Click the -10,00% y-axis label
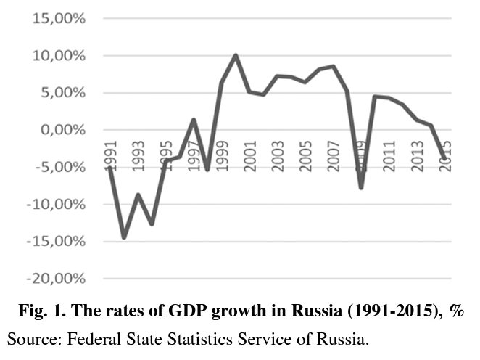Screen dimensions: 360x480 [x=57, y=205]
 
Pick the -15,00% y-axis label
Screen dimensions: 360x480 [x=57, y=242]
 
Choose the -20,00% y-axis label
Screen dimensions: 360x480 [x=57, y=279]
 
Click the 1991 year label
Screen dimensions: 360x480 [x=111, y=155]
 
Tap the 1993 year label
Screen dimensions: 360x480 [x=138, y=155]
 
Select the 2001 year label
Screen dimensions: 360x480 [x=250, y=155]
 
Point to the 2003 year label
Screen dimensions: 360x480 [x=278, y=155]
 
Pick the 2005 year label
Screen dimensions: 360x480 [x=306, y=155]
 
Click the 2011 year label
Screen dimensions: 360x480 [x=389, y=155]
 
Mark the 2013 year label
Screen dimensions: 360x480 [x=417, y=155]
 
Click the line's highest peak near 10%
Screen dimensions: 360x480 [x=236, y=55]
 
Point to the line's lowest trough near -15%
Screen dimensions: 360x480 [x=124, y=237]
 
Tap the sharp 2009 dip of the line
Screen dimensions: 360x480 [x=360, y=187]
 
